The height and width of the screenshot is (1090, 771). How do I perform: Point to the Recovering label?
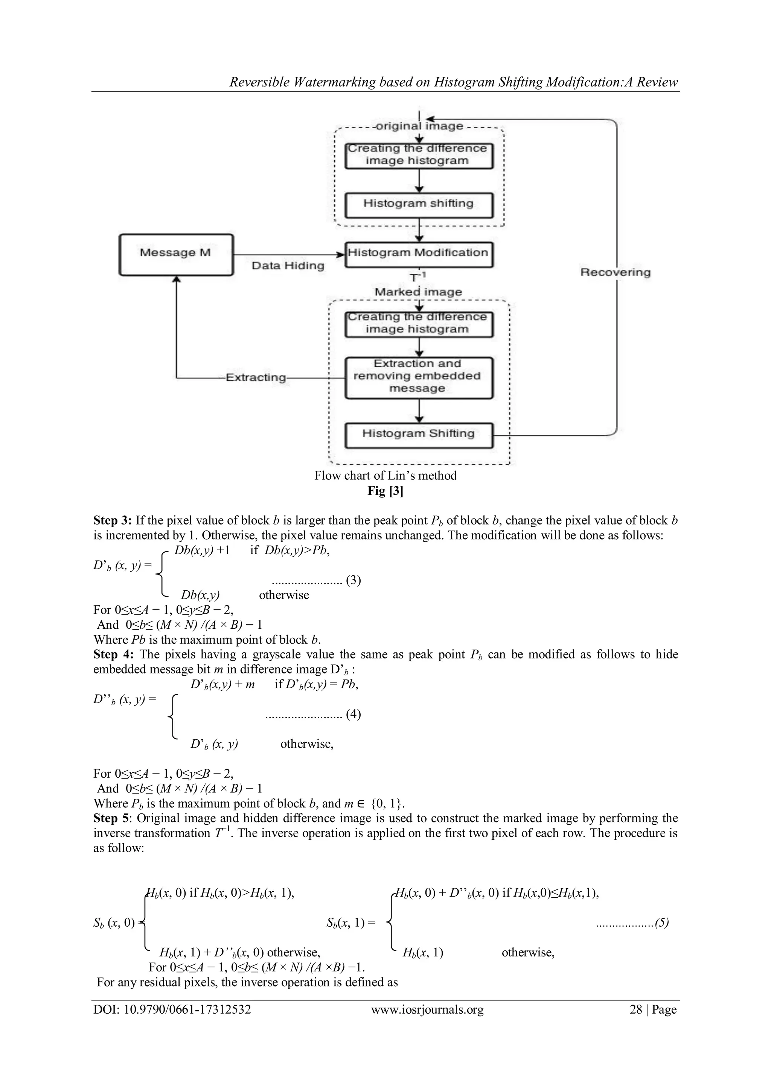615,272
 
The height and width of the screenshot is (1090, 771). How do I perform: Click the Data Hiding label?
288,266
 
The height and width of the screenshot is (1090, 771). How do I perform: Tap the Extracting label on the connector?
256,378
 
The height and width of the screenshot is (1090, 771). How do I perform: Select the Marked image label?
418,292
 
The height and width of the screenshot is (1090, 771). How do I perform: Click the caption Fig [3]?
385,491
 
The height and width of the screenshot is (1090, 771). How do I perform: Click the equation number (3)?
353,580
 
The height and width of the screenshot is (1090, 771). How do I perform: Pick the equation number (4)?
353,714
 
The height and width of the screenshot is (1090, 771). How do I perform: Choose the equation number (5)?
661,923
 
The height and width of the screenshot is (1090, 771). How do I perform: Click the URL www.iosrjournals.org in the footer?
427,1010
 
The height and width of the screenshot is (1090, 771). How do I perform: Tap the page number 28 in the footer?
635,1010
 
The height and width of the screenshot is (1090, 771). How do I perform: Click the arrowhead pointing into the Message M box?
176,280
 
